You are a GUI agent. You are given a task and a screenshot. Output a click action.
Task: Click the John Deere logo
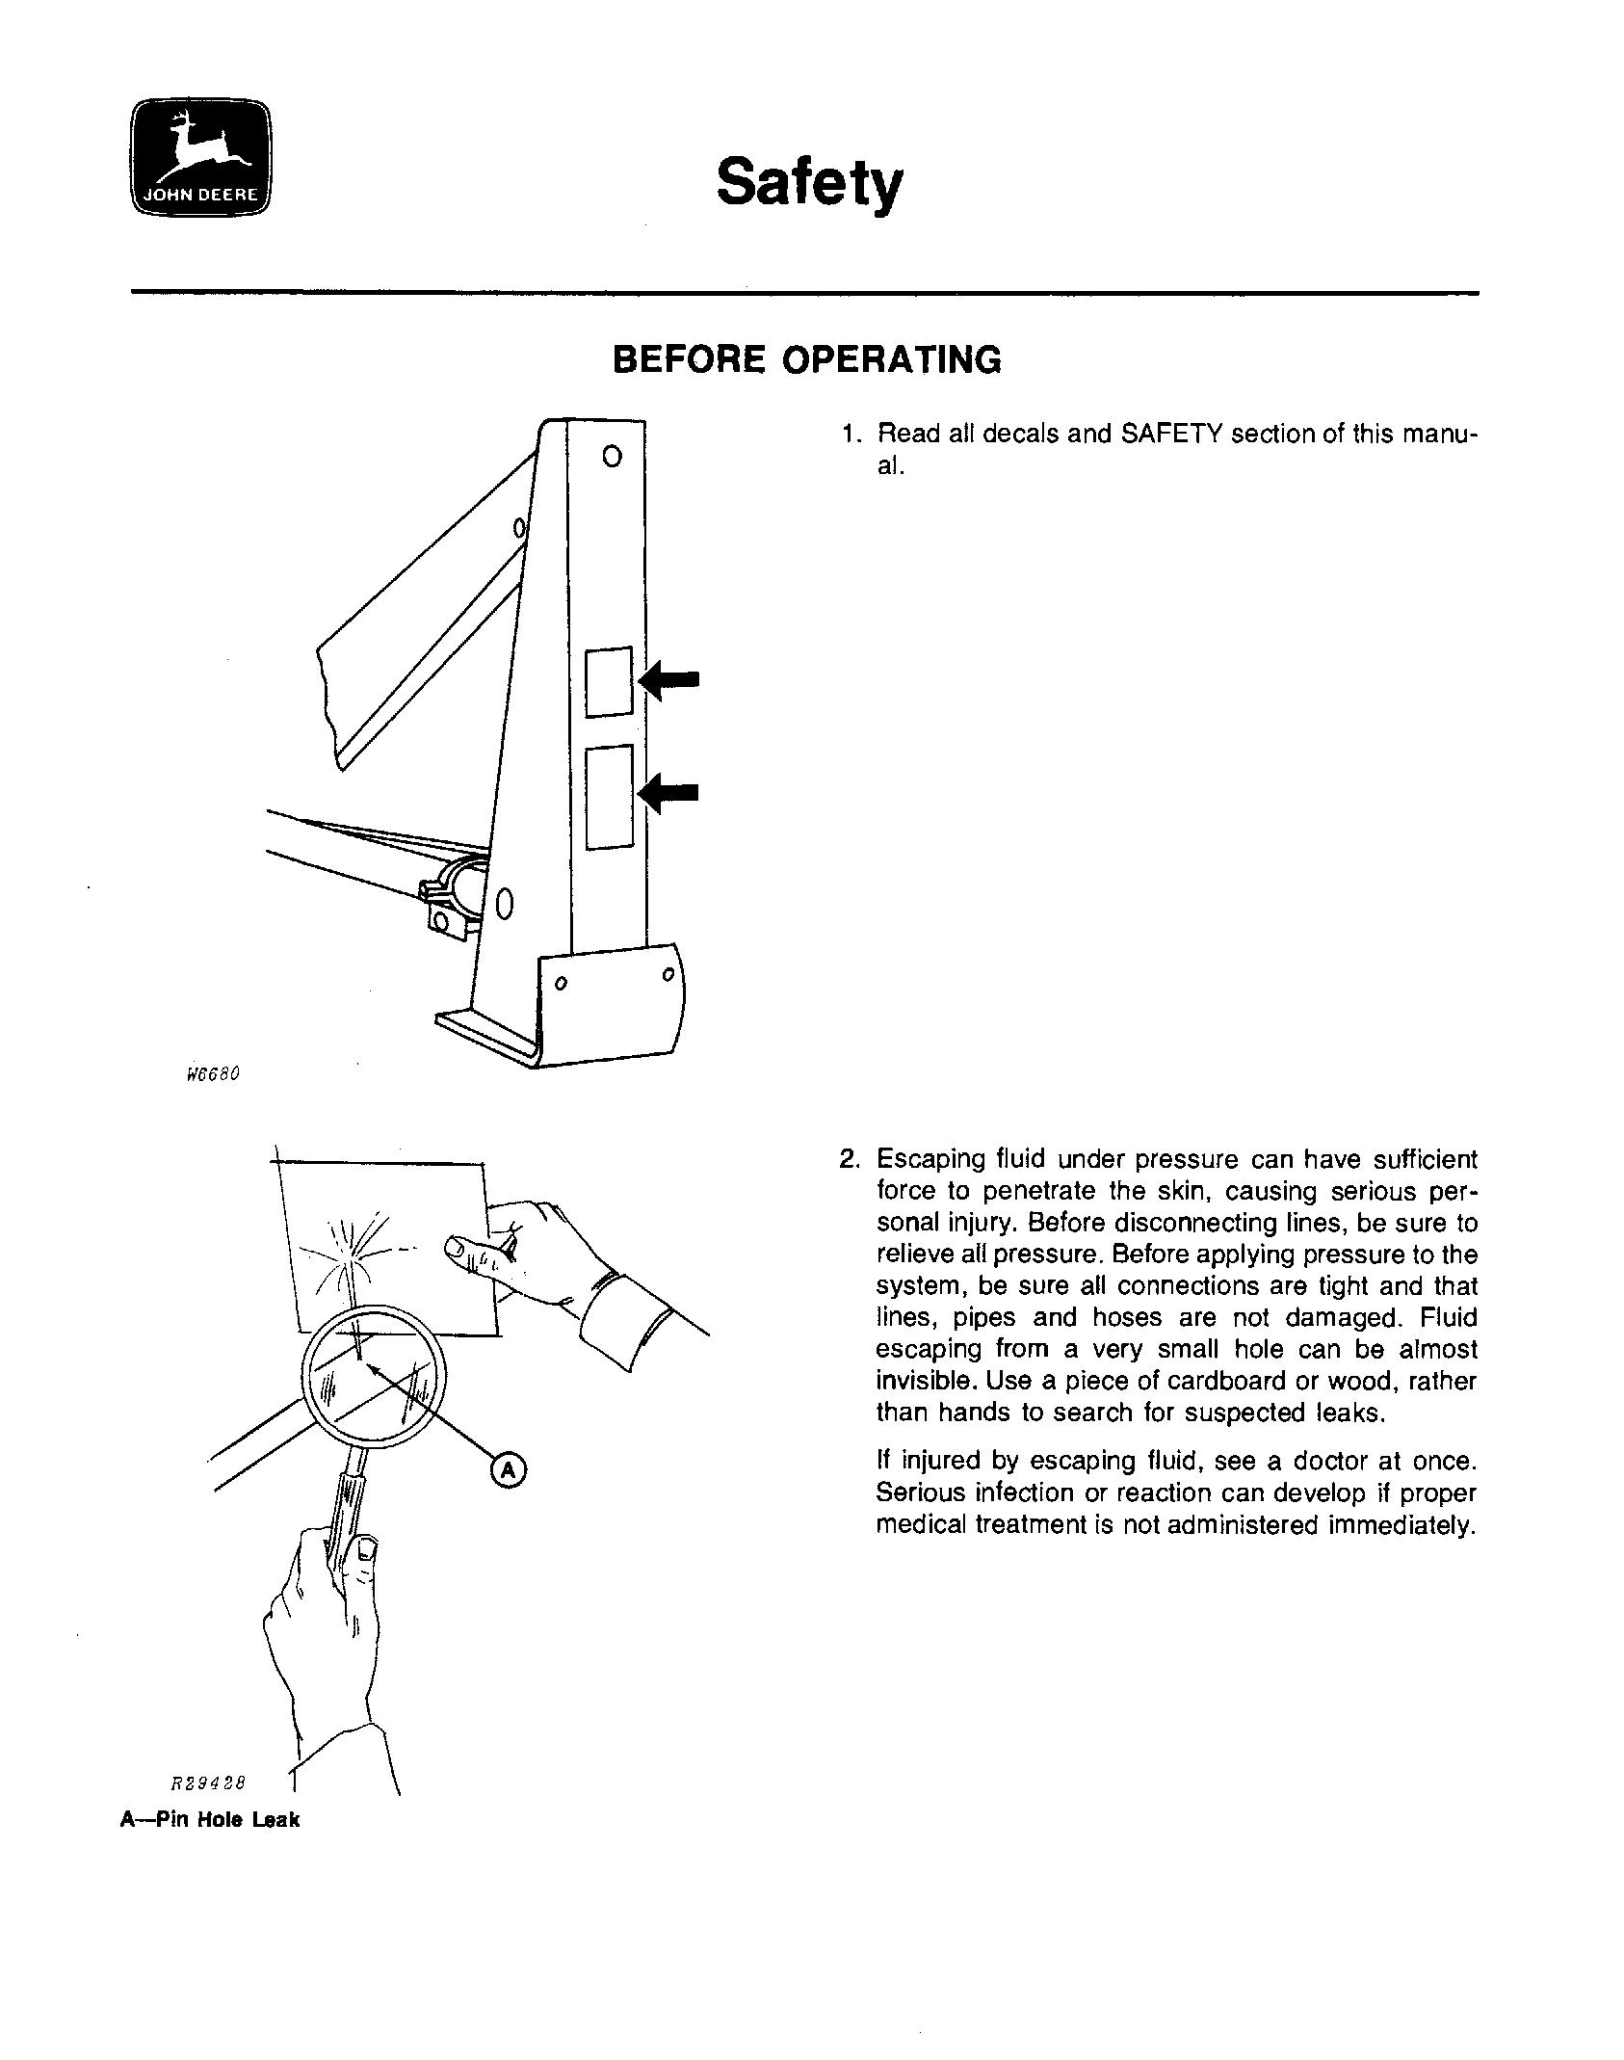click(x=201, y=157)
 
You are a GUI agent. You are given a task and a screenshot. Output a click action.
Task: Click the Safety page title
click(x=809, y=182)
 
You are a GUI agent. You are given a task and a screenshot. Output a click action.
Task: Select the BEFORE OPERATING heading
click(x=807, y=359)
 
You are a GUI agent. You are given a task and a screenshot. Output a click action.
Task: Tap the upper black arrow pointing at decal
click(x=670, y=680)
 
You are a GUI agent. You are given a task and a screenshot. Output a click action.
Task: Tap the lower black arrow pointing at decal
click(x=670, y=793)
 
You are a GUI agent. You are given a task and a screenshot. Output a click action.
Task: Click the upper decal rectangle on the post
click(x=609, y=681)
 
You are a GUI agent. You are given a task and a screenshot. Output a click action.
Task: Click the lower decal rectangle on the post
click(x=609, y=797)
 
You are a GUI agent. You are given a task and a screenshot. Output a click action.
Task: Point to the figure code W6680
click(x=211, y=1073)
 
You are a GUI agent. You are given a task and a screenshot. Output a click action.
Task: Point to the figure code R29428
click(x=208, y=1783)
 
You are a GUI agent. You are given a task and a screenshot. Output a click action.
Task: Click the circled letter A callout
click(x=509, y=1470)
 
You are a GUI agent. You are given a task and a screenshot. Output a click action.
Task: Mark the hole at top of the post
click(x=611, y=456)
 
